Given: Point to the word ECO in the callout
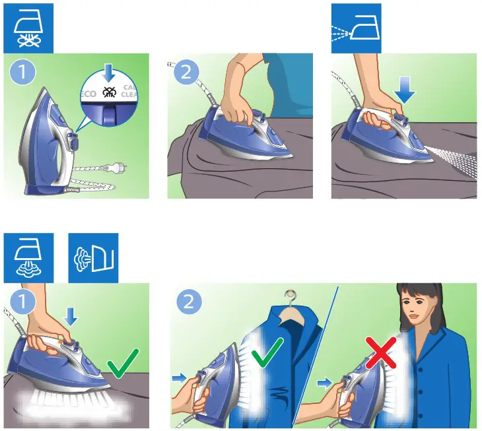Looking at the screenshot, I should click(88, 94).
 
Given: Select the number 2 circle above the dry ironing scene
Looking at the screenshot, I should click(186, 72).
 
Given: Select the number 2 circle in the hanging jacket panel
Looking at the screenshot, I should click(189, 302).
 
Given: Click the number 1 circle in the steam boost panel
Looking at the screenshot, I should click(22, 302).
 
